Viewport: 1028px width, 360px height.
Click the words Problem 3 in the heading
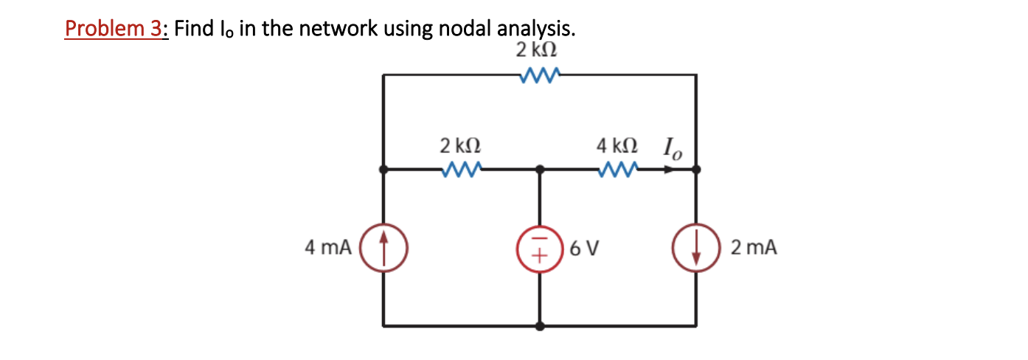tap(114, 29)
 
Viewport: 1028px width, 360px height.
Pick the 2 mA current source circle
tap(696, 247)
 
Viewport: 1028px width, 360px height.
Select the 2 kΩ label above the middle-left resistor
tap(461, 144)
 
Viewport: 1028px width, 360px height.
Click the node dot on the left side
tap(383, 169)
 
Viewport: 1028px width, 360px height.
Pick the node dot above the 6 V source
tap(540, 169)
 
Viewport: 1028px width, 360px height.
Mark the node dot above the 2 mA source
tap(696, 169)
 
